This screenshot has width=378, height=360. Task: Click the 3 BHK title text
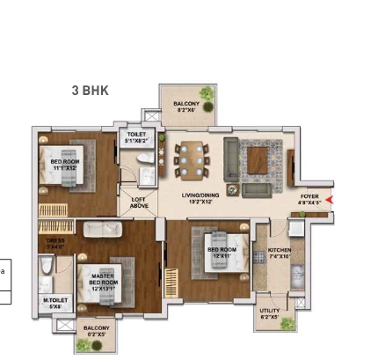[90, 91]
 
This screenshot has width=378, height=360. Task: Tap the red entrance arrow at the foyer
[329, 200]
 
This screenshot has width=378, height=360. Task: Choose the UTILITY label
[271, 312]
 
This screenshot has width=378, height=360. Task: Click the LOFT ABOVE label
[139, 202]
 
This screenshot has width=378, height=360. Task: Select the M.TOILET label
[55, 304]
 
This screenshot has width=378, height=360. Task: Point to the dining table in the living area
[189, 160]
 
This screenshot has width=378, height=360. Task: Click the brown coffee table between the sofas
[258, 160]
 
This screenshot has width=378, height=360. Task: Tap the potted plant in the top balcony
[205, 94]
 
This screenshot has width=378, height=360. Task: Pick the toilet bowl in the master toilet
[47, 268]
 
